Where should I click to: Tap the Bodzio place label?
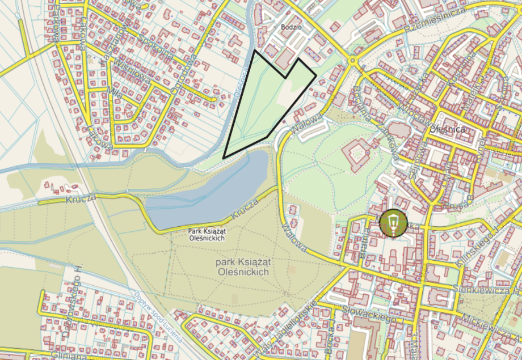tap(290, 27)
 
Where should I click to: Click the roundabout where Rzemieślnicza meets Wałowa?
tap(352, 60)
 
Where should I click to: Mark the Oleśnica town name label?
tap(448, 129)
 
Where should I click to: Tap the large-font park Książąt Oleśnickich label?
tap(242, 267)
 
